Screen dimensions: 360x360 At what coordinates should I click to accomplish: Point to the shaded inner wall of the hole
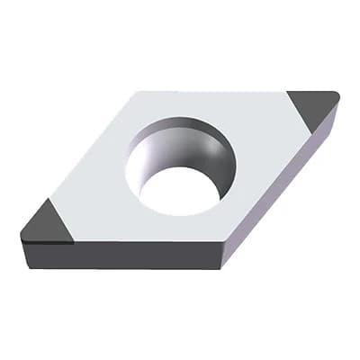tap(171, 144)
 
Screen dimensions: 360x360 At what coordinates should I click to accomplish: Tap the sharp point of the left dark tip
tap(21, 238)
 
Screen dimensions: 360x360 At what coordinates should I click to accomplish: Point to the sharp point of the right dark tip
tap(337, 93)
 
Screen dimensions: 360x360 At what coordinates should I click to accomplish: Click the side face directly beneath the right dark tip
tap(324, 135)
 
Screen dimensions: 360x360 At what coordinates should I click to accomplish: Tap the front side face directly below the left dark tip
tap(45, 254)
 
